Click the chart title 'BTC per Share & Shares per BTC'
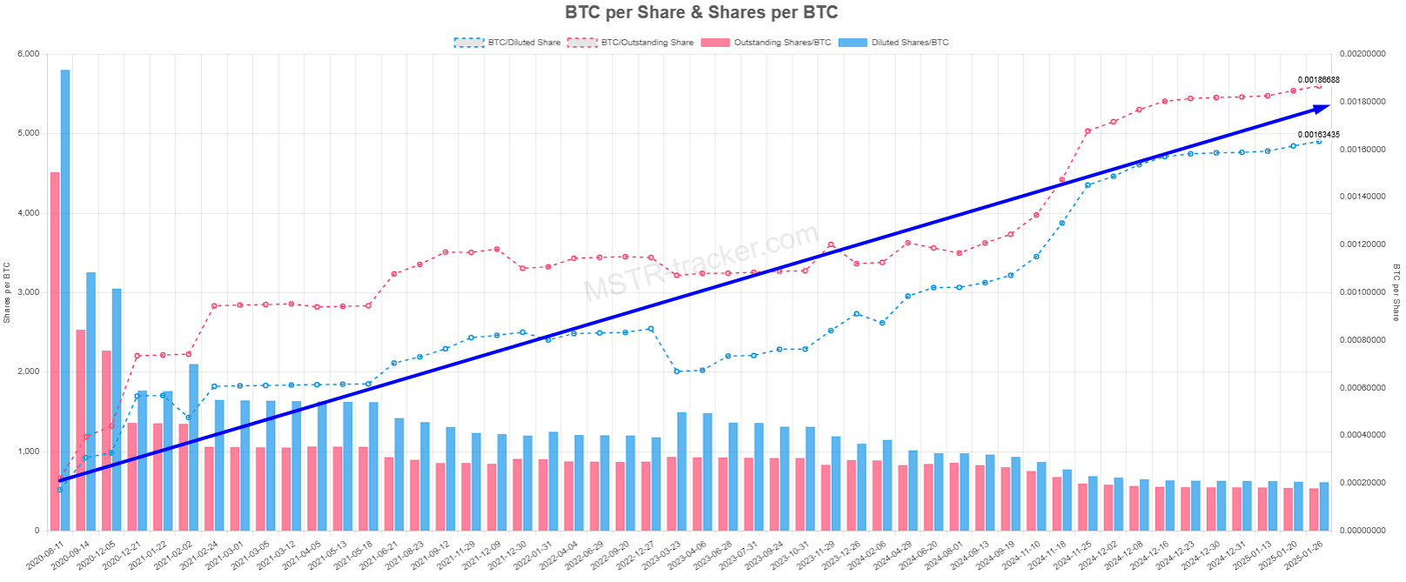[x=701, y=12]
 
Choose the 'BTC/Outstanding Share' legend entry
[x=631, y=42]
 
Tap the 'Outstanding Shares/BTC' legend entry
[x=767, y=42]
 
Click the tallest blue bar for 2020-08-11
[x=65, y=300]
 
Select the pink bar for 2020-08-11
[x=55, y=351]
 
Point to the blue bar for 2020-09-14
[x=90, y=401]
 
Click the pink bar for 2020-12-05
[x=106, y=440]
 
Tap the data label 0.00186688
[x=1318, y=80]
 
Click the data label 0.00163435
[x=1318, y=135]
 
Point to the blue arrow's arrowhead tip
[x=1329, y=106]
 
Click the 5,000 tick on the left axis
[x=28, y=133]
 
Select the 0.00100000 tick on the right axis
[x=1362, y=292]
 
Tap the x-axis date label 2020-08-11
[x=44, y=553]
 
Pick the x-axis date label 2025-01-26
[x=1303, y=553]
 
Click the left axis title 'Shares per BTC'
[x=7, y=292]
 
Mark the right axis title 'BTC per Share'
[x=1396, y=292]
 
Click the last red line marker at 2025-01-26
[x=1318, y=86]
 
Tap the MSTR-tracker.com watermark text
[x=701, y=261]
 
